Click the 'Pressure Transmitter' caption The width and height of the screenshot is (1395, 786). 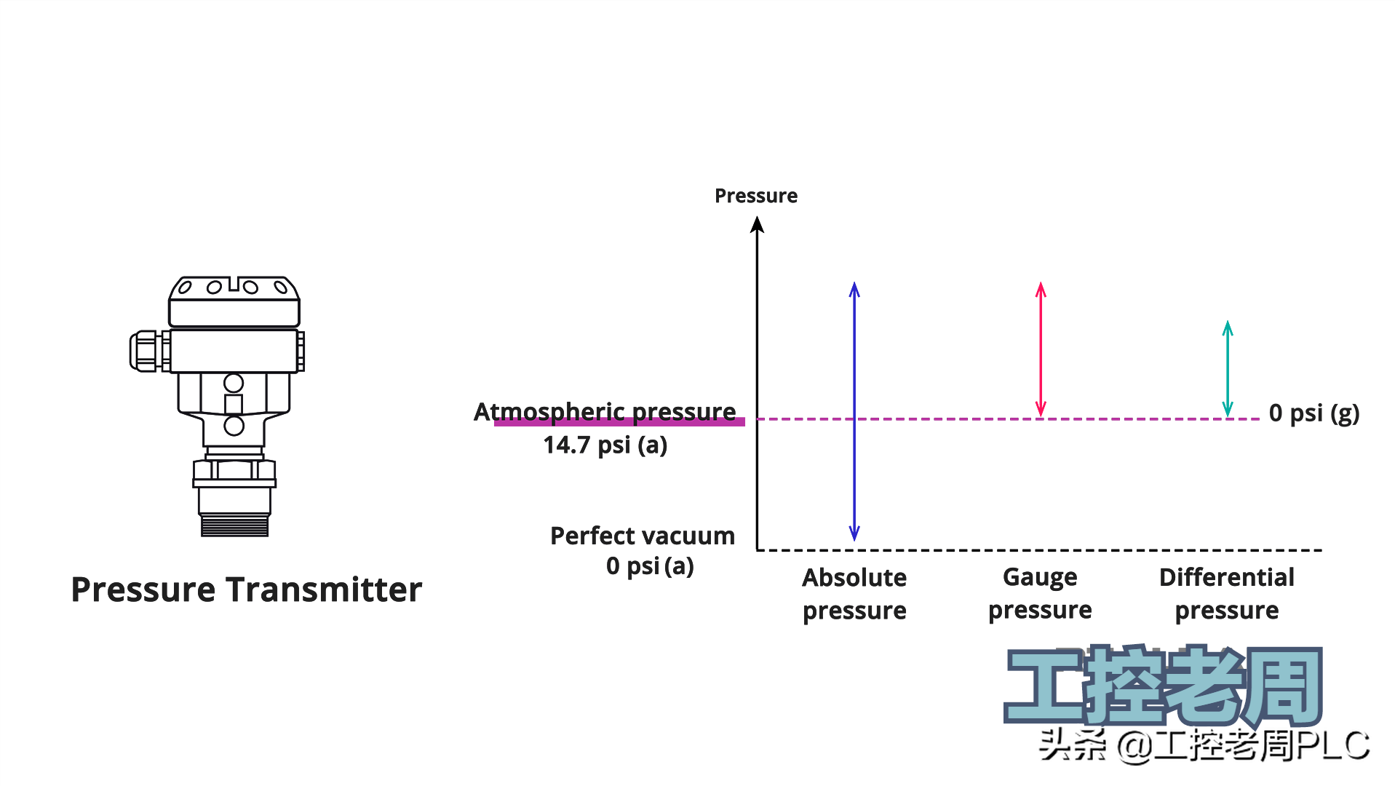pyautogui.click(x=247, y=589)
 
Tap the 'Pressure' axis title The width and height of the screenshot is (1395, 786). pyautogui.click(x=756, y=196)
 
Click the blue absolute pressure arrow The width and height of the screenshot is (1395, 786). pyautogui.click(x=854, y=411)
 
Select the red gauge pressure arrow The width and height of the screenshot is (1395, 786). pyautogui.click(x=1041, y=349)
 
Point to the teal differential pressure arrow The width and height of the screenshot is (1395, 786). pyautogui.click(x=1228, y=369)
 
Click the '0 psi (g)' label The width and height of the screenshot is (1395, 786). pyautogui.click(x=1314, y=413)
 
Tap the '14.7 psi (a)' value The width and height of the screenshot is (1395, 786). pyautogui.click(x=605, y=445)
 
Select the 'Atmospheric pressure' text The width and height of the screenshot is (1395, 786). pyautogui.click(x=605, y=411)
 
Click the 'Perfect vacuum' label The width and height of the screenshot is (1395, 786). pyautogui.click(x=643, y=536)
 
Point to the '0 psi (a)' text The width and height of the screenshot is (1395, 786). pyautogui.click(x=650, y=566)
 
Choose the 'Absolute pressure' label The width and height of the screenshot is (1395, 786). pyautogui.click(x=854, y=594)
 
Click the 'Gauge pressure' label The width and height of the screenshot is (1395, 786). pyautogui.click(x=1040, y=593)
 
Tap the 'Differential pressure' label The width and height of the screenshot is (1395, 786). pyautogui.click(x=1227, y=594)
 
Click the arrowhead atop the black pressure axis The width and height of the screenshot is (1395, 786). pyautogui.click(x=757, y=225)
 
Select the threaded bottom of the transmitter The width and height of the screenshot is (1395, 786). pyautogui.click(x=234, y=525)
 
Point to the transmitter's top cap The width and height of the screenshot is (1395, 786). pyautogui.click(x=234, y=301)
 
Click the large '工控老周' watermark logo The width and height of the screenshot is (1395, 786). pyautogui.click(x=1163, y=686)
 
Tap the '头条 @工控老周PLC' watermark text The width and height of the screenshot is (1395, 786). pyautogui.click(x=1204, y=745)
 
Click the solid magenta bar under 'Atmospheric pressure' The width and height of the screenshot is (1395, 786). pyautogui.click(x=619, y=421)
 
